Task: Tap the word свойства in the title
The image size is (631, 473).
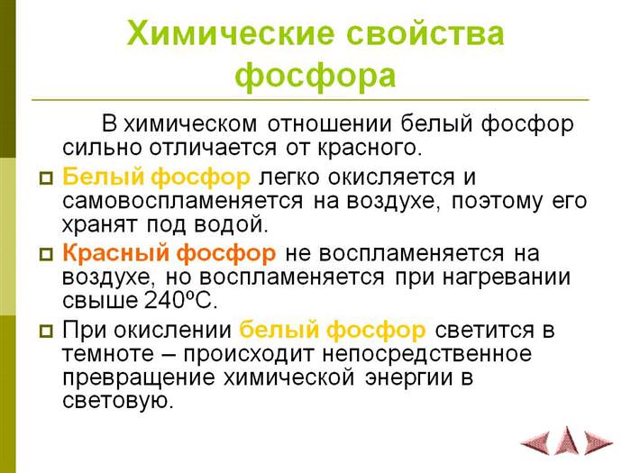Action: (x=425, y=33)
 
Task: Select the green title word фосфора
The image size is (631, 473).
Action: (x=315, y=76)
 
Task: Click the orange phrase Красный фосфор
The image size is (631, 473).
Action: (x=169, y=253)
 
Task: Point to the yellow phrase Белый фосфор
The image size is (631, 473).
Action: (x=156, y=177)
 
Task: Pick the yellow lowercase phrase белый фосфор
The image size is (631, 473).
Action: (x=333, y=330)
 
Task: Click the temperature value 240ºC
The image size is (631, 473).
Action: (x=180, y=301)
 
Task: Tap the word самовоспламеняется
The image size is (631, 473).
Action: (x=183, y=202)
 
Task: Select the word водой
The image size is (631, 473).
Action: (x=231, y=225)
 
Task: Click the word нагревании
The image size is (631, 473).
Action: (x=507, y=277)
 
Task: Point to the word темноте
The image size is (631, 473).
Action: (x=108, y=354)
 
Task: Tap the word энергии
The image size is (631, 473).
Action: (x=409, y=378)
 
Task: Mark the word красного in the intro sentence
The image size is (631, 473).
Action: (x=370, y=149)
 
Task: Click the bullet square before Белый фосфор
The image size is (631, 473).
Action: (x=46, y=177)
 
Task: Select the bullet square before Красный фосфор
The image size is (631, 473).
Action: (x=46, y=254)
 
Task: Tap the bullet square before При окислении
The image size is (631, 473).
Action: (x=46, y=331)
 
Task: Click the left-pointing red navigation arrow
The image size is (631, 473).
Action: (x=535, y=443)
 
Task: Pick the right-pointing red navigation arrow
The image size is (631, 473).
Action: (x=599, y=443)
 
